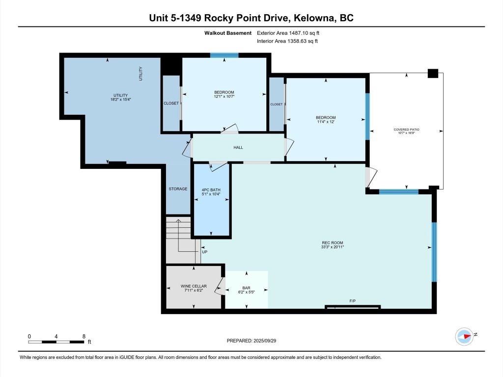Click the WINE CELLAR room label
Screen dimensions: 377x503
point(194,286)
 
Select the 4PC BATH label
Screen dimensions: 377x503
point(211,189)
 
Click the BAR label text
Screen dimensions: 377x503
point(247,288)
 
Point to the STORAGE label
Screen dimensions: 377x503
point(178,189)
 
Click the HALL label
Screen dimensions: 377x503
point(238,147)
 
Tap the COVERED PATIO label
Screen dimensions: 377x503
point(406,130)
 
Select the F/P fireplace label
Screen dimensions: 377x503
point(352,300)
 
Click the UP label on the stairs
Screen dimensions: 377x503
point(205,252)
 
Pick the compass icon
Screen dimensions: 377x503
point(464,336)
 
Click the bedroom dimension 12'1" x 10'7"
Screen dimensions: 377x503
point(224,97)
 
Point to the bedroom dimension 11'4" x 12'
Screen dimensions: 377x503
point(326,122)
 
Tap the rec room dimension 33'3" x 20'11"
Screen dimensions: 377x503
point(332,247)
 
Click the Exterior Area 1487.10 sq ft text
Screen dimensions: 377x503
point(291,33)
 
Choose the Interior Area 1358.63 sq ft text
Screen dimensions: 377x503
point(287,41)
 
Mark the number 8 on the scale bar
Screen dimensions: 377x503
point(84,337)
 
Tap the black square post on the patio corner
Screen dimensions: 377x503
point(433,73)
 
